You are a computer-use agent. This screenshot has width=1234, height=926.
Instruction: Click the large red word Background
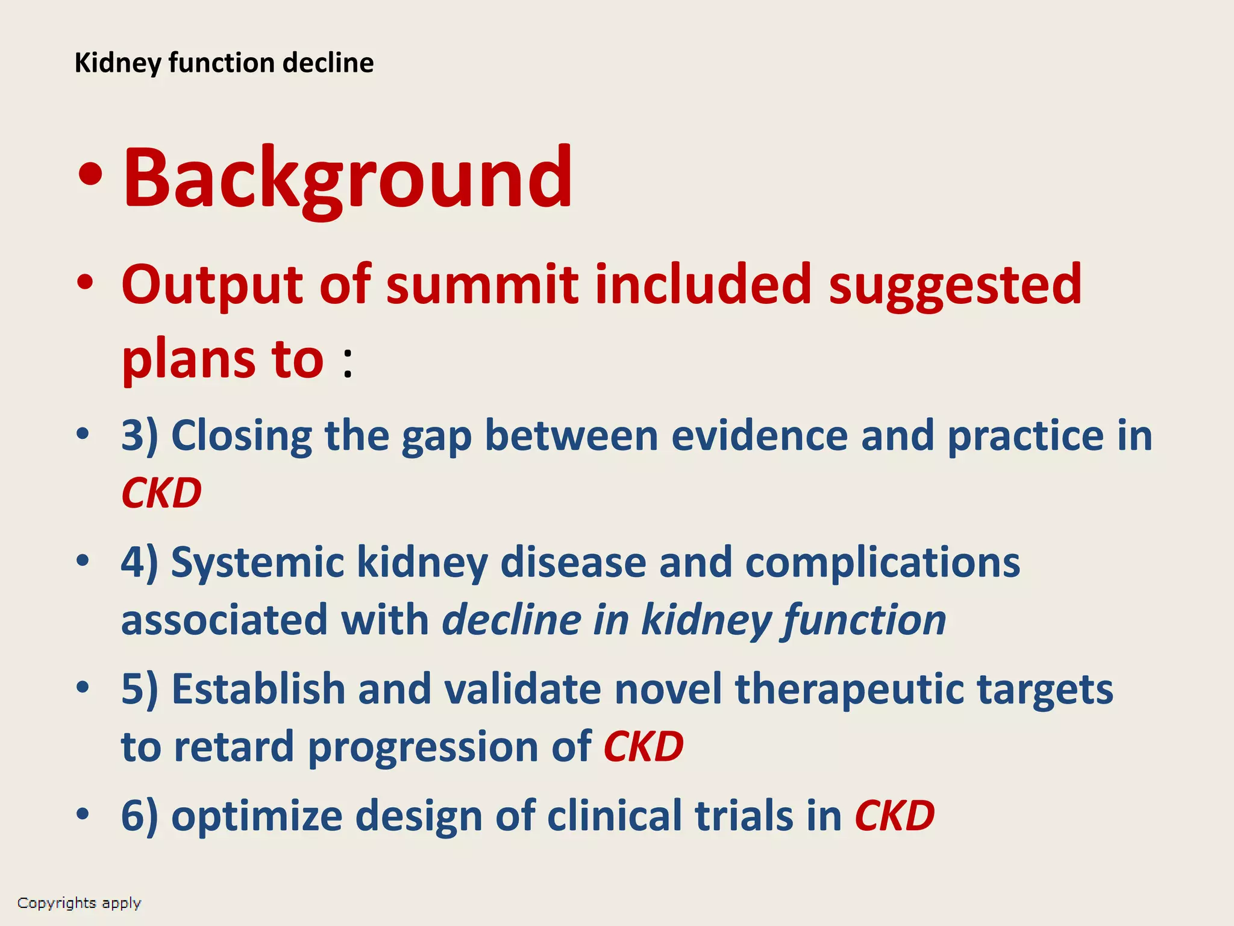348,179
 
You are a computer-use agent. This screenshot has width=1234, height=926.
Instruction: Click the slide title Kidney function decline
224,63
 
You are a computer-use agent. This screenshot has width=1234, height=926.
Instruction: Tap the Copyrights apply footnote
79,902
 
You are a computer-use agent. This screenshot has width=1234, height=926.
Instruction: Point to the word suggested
955,285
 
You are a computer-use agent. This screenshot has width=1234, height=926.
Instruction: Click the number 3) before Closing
139,435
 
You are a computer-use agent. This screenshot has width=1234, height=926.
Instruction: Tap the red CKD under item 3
161,493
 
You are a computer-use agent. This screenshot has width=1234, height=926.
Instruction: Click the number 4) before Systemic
139,562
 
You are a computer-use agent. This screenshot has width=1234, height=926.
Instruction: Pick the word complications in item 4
882,562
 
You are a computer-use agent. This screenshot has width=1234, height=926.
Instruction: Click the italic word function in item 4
864,620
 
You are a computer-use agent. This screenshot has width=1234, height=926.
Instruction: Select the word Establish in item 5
258,689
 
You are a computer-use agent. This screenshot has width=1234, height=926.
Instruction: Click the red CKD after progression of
644,746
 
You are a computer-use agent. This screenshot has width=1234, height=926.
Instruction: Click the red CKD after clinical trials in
894,816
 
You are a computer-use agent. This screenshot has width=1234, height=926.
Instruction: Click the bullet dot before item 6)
83,815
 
